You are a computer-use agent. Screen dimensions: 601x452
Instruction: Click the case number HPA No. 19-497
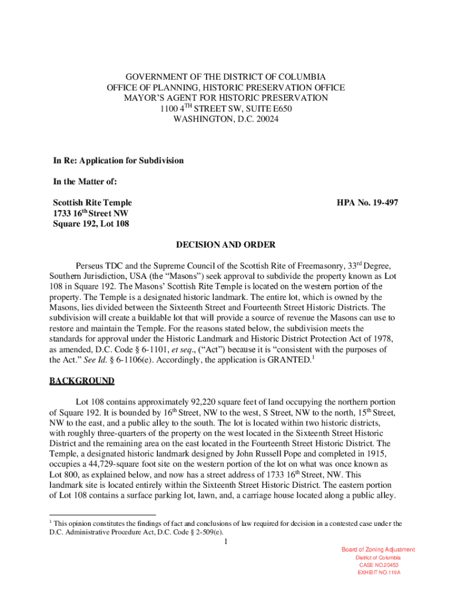(367, 202)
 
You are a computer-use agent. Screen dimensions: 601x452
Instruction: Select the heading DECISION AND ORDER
(226, 245)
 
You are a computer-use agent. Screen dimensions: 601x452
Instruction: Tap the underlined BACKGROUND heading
(82, 381)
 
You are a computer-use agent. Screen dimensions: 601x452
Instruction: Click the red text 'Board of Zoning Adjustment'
(378, 549)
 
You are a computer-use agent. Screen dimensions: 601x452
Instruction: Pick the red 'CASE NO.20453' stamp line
(378, 565)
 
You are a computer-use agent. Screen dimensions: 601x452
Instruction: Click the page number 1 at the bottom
(226, 541)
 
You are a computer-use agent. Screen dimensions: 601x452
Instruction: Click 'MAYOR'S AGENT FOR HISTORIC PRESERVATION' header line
(226, 98)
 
